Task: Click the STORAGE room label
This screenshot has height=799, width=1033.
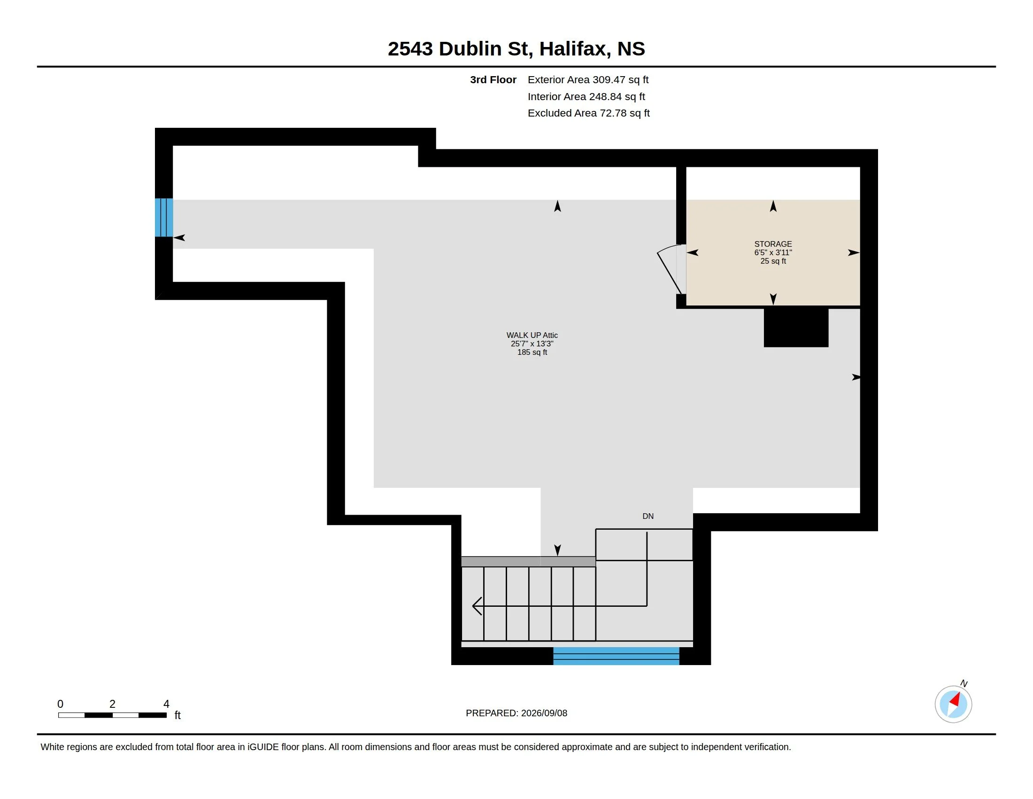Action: point(773,244)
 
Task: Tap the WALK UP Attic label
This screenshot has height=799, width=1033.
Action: point(532,335)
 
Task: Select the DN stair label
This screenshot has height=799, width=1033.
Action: point(648,516)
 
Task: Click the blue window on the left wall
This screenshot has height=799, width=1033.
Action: point(164,217)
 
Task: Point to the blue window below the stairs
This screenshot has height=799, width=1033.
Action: point(617,656)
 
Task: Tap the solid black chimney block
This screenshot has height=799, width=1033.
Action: point(796,328)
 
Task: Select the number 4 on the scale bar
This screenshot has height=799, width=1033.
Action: point(166,704)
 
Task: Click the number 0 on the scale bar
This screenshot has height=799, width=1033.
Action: point(60,704)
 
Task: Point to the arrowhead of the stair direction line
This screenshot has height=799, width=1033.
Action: point(477,606)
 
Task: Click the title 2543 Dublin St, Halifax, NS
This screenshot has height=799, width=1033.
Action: point(516,48)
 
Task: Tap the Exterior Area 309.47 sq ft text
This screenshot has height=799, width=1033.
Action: point(588,79)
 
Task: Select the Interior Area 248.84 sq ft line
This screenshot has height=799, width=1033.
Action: point(586,96)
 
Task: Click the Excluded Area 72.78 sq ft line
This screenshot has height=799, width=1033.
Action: point(588,113)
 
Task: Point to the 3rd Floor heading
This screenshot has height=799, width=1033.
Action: point(493,79)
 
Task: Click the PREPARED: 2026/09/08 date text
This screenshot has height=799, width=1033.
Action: point(516,713)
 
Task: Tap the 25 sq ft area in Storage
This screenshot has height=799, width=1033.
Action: point(773,261)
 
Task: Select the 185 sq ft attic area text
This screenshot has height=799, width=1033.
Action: point(532,352)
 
